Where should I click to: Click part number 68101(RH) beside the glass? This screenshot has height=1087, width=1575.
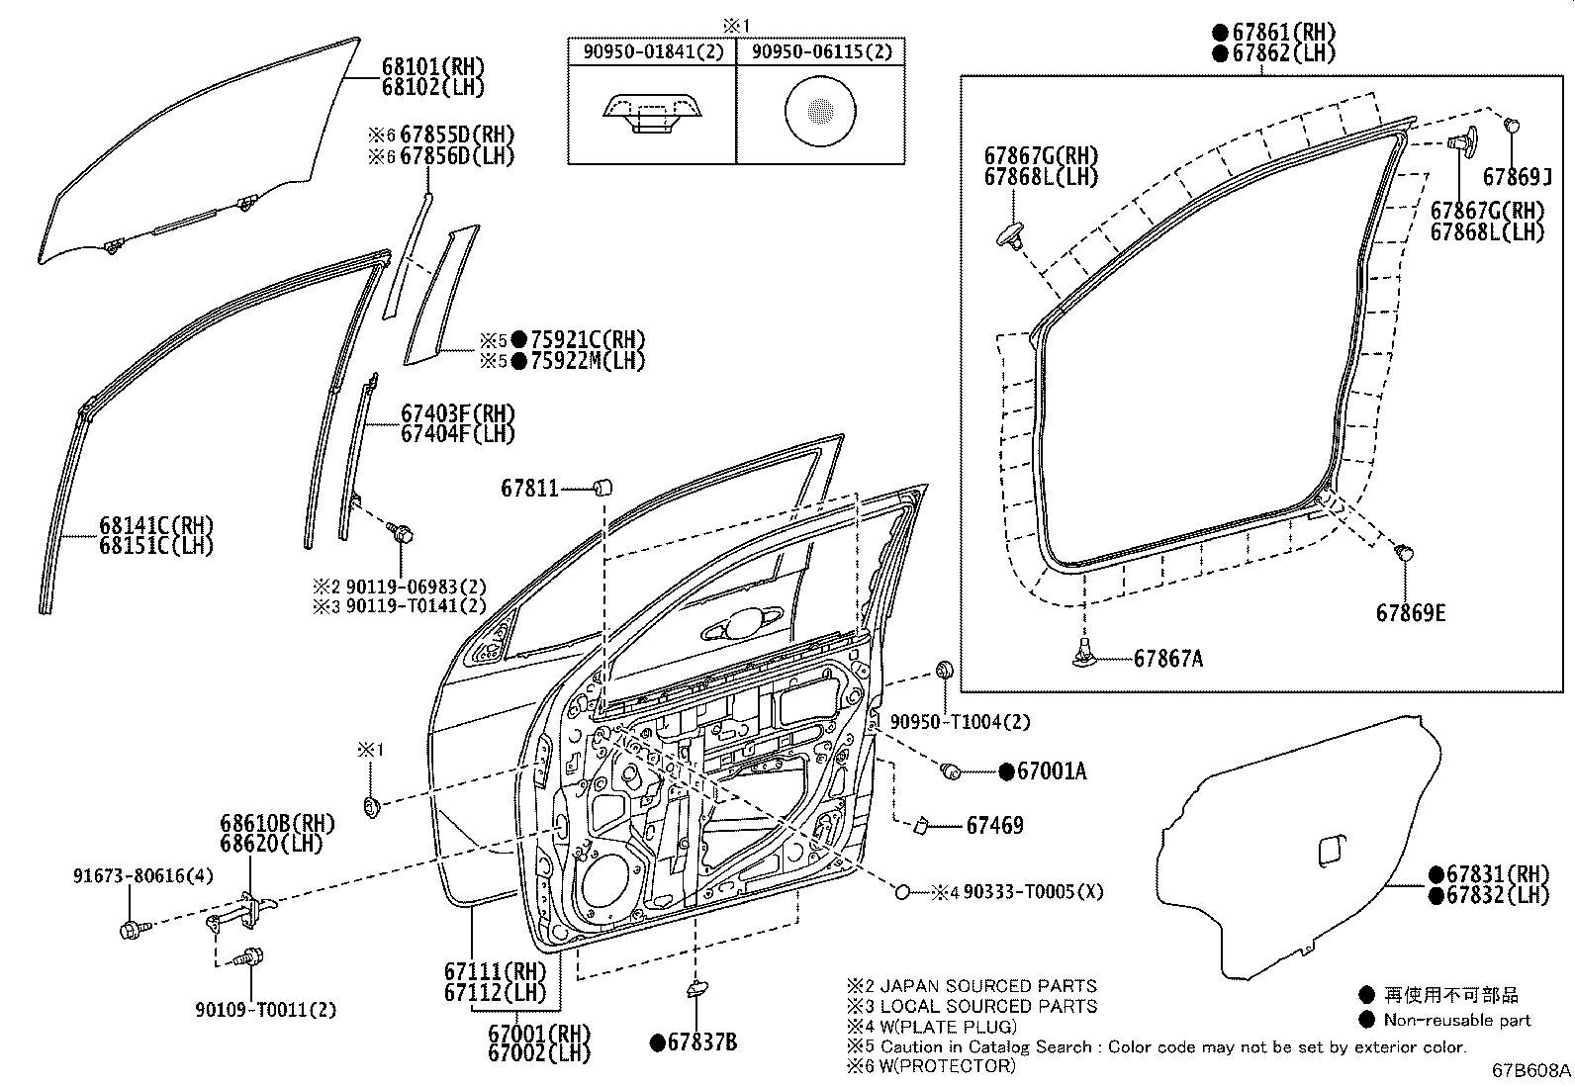coord(433,67)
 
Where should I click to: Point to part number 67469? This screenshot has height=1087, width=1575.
coord(994,825)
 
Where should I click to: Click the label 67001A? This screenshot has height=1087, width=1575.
coord(1051,771)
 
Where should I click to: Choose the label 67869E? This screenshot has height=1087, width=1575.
coord(1410,613)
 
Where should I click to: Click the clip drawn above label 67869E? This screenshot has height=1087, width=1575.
coord(1403,551)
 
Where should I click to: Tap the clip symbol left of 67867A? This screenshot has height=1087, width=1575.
coord(1086,653)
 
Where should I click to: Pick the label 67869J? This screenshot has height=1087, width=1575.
coord(1517,177)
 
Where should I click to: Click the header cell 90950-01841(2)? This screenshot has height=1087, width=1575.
coord(651,52)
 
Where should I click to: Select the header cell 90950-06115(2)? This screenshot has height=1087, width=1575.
coord(821,52)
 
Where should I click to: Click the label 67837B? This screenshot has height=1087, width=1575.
coord(702,1042)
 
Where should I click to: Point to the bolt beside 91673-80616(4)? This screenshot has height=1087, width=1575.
coord(131,928)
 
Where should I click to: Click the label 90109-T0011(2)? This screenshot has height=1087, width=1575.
coord(265,1010)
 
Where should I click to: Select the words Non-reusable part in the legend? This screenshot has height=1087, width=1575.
coord(1456,1020)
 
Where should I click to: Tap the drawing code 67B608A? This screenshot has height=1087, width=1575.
coord(1531,1071)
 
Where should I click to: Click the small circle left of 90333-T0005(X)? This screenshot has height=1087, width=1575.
coord(902,892)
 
